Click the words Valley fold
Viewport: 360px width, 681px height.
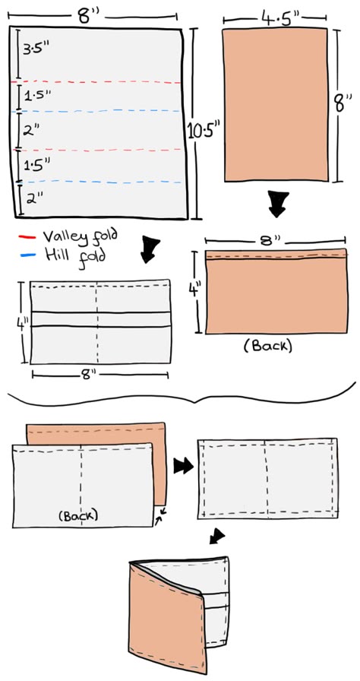tap(81, 236)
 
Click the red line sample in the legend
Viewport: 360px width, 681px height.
tap(27, 237)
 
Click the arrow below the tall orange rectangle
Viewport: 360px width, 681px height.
tap(276, 204)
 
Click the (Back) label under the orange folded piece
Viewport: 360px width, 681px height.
tap(267, 346)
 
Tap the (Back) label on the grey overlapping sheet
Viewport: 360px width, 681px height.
tap(78, 515)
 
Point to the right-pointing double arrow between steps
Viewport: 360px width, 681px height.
tap(183, 467)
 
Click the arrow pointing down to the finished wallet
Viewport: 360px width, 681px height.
tap(217, 537)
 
